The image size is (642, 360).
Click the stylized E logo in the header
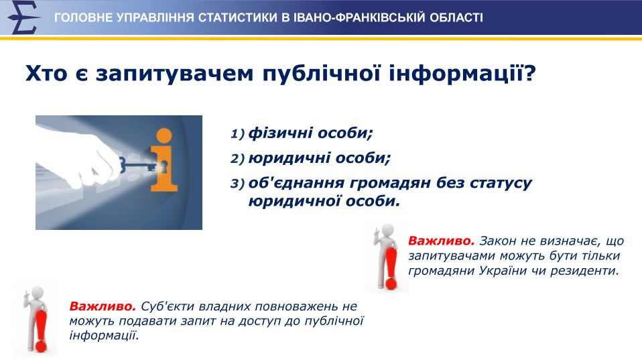click(x=23, y=17)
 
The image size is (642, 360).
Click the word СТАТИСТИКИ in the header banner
click(x=237, y=18)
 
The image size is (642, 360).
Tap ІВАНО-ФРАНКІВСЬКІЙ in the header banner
click(x=359, y=18)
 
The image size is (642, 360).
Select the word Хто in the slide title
click(x=46, y=74)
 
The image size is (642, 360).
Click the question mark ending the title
click(x=529, y=73)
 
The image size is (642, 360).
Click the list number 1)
click(x=237, y=134)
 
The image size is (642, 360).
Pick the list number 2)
click(x=237, y=159)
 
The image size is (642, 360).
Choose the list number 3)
click(x=237, y=184)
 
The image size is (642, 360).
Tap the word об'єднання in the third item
click(x=296, y=183)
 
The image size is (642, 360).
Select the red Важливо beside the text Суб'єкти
click(x=103, y=306)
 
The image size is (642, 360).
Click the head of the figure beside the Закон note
click(x=387, y=231)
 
